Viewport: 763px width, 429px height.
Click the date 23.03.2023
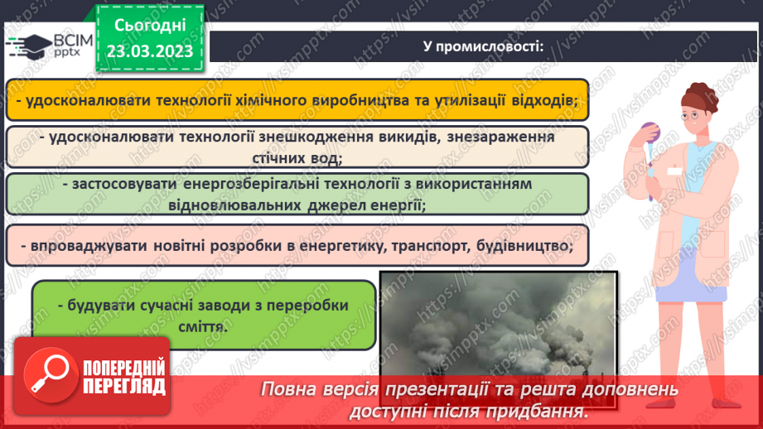pos(148,51)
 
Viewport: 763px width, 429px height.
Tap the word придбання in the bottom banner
pos(546,411)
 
